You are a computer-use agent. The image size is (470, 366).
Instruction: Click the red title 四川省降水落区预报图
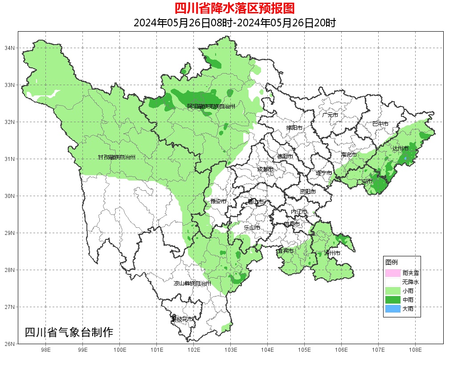click(x=235, y=8)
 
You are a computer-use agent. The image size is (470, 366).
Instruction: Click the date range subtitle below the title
click(x=235, y=23)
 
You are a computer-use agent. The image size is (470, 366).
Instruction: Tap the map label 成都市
click(x=266, y=169)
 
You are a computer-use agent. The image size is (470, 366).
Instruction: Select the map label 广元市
click(x=330, y=115)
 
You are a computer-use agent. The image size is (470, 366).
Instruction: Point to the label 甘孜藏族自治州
click(x=117, y=157)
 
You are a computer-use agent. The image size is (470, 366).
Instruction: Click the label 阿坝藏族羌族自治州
click(x=211, y=107)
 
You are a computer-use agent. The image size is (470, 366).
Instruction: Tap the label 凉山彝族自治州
click(x=192, y=284)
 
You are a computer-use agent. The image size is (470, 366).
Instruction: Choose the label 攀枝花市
click(x=182, y=319)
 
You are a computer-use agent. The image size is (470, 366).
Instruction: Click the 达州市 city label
click(x=401, y=148)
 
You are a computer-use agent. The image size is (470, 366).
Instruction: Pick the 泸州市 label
click(x=332, y=253)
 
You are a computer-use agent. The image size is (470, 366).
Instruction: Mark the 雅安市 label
click(x=218, y=202)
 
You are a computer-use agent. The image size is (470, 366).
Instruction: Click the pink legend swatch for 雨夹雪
click(x=393, y=273)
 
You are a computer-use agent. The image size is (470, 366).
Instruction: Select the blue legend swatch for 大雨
click(x=393, y=308)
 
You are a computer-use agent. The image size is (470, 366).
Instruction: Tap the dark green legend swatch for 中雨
click(x=393, y=300)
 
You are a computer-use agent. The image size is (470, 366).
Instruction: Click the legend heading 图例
click(x=392, y=262)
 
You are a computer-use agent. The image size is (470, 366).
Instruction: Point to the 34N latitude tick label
click(x=10, y=48)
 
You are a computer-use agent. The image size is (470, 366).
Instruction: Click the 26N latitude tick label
click(x=10, y=344)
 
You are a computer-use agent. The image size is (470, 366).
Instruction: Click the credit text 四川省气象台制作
click(x=69, y=332)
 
